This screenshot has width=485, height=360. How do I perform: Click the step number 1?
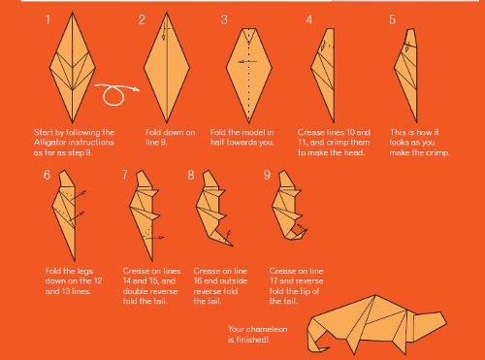point(48,19)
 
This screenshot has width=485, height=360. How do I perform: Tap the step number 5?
point(392,19)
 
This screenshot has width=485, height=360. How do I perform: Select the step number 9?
point(267,175)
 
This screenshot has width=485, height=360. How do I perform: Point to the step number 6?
point(47,175)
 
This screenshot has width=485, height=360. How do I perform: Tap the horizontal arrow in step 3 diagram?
point(248,61)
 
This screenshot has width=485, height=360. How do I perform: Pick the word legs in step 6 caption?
point(85,271)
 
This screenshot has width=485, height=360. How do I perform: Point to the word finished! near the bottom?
point(252,340)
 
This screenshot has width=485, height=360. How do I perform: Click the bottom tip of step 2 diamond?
point(167,122)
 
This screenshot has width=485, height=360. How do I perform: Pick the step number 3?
point(224,19)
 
